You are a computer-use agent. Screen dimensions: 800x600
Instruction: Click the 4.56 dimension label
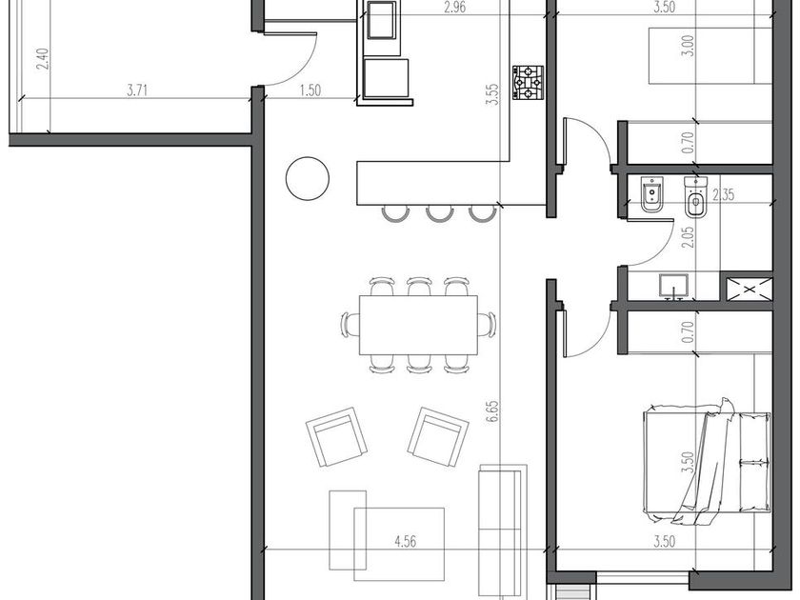tap(405, 541)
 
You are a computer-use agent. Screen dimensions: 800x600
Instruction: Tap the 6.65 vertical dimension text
tap(492, 411)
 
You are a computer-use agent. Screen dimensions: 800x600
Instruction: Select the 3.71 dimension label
tap(137, 90)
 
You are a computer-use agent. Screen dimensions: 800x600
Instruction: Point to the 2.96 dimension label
tap(454, 8)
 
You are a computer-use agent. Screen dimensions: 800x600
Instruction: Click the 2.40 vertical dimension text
tap(43, 59)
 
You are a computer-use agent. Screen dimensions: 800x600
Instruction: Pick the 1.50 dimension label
tap(310, 90)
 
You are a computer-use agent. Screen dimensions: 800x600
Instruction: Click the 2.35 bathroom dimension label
tap(723, 194)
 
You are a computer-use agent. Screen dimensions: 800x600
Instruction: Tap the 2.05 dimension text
tap(689, 237)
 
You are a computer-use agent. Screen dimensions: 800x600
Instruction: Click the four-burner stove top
tap(528, 82)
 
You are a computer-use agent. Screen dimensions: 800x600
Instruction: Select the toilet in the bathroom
tap(694, 198)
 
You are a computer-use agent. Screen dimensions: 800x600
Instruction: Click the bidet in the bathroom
tap(651, 194)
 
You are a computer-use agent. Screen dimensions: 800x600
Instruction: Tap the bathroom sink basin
tap(673, 286)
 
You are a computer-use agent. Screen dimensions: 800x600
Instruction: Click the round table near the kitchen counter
tap(307, 178)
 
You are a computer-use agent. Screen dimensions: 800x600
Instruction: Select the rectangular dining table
tap(418, 325)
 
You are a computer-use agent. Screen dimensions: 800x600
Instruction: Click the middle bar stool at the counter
tap(439, 213)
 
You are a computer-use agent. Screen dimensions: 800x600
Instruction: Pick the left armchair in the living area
tap(336, 437)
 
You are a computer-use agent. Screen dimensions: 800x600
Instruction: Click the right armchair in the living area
tap(438, 437)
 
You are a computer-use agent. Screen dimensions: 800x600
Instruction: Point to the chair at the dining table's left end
tap(350, 325)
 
